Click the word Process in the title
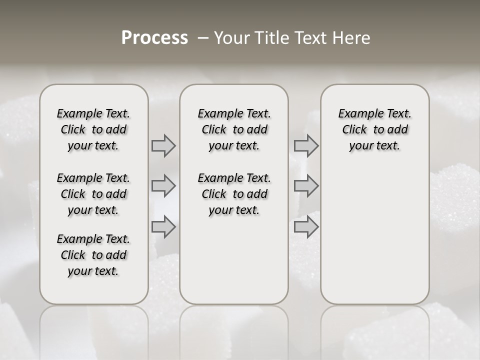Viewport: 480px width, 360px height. tap(154, 38)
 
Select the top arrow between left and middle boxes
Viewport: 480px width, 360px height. tap(163, 145)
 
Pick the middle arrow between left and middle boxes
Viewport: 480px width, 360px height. tap(163, 186)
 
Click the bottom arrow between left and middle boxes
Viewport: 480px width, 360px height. tap(163, 227)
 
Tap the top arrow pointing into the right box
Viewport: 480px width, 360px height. tap(306, 145)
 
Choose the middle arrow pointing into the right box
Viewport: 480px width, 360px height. tap(306, 186)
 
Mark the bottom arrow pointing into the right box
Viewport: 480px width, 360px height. tap(306, 227)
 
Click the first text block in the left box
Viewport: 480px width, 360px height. tap(93, 129)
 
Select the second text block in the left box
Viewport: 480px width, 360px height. tap(93, 194)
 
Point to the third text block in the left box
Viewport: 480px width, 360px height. tap(93, 255)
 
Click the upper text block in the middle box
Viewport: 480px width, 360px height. tap(234, 129)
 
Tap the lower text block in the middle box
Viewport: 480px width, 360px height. tap(234, 194)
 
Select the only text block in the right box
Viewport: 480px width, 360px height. tap(375, 129)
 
